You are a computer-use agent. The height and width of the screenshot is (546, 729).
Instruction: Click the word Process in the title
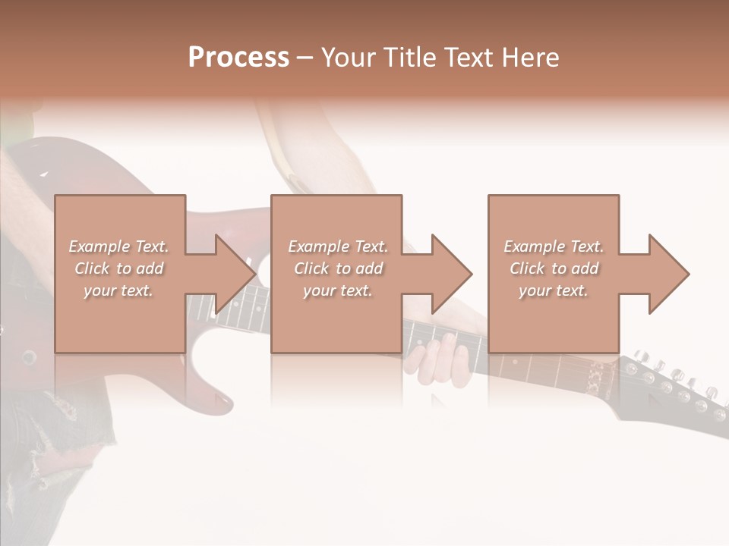tap(238, 58)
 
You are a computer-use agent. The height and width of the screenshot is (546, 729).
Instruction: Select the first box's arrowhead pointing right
tap(232, 274)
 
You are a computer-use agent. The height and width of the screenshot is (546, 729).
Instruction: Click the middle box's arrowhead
tap(449, 274)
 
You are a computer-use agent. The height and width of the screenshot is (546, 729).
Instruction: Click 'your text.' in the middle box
tap(337, 290)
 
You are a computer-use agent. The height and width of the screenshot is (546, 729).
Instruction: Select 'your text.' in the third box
tap(553, 290)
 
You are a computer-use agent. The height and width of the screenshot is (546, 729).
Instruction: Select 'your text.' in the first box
tap(118, 290)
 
